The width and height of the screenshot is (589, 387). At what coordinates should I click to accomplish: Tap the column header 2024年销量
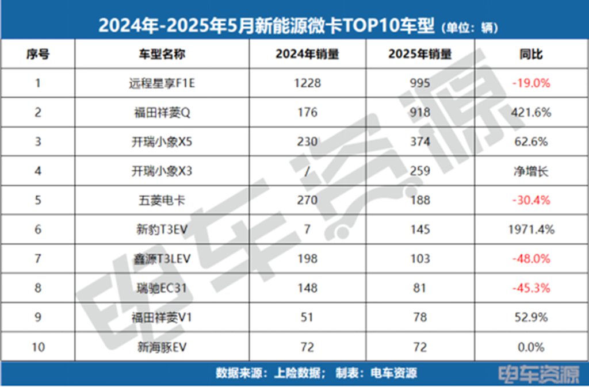pyautogui.click(x=307, y=55)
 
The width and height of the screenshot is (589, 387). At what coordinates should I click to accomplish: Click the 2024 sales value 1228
pyautogui.click(x=307, y=83)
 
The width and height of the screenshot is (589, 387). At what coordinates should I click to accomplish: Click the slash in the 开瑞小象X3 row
pyautogui.click(x=307, y=171)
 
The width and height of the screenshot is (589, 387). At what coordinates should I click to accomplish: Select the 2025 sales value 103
pyautogui.click(x=420, y=259)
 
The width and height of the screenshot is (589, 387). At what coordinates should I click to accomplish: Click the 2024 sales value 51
pyautogui.click(x=307, y=317)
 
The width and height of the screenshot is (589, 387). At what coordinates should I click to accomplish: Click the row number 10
pyautogui.click(x=38, y=347)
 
